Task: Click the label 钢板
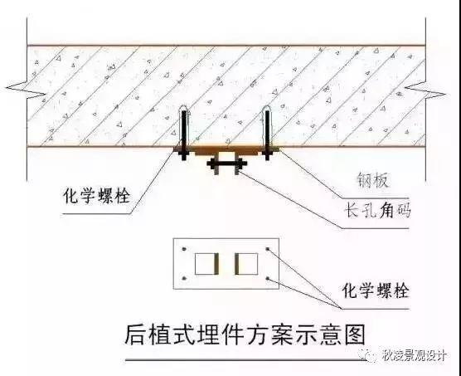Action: click(373, 180)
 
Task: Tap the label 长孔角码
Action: click(377, 210)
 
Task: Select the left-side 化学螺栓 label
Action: click(97, 195)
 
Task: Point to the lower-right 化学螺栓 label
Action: click(376, 291)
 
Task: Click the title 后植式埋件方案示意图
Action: click(245, 335)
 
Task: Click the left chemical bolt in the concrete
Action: click(184, 133)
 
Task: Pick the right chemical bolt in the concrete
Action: click(267, 133)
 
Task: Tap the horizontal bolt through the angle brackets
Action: click(227, 164)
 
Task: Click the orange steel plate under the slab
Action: click(226, 150)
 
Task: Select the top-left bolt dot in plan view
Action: click(184, 249)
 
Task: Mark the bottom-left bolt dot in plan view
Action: click(184, 278)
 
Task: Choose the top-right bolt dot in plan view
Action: click(268, 249)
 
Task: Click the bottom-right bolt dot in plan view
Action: click(268, 278)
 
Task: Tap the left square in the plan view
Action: click(206, 264)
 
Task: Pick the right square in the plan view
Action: click(246, 264)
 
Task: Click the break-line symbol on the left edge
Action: click(26, 90)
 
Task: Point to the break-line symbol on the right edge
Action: click(425, 90)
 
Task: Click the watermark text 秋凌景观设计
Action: click(415, 355)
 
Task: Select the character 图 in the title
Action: click(355, 335)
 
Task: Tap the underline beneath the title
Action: click(245, 359)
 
